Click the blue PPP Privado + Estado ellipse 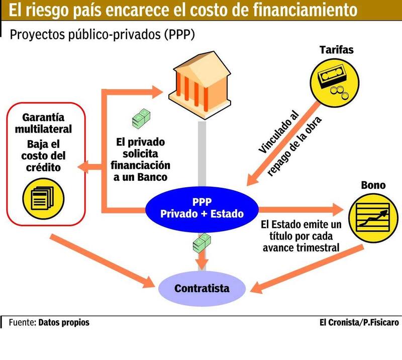coord(202,207)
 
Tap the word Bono coord(373,185)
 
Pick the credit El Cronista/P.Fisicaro coord(359,322)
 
